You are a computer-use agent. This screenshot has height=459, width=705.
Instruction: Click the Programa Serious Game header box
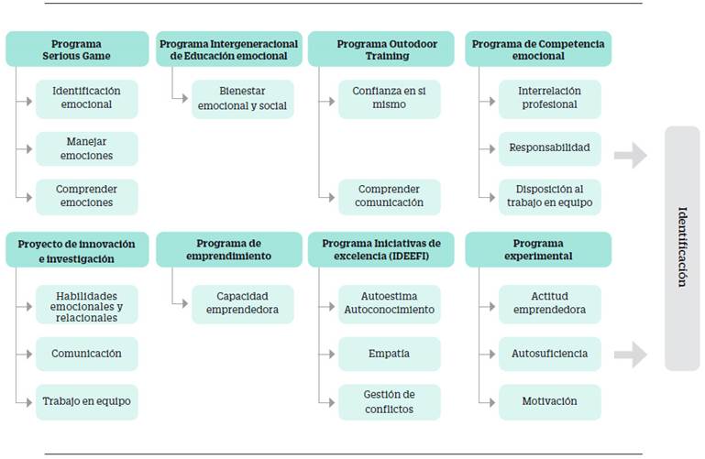[77, 49]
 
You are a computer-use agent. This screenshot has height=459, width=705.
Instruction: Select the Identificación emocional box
[88, 98]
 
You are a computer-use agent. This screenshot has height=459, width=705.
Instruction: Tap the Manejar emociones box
[88, 148]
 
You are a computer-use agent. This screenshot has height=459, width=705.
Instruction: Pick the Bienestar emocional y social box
[243, 98]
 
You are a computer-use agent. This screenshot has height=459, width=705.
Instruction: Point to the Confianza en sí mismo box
[389, 98]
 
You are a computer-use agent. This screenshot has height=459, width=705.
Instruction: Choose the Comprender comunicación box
[389, 197]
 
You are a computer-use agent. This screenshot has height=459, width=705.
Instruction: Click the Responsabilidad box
[550, 148]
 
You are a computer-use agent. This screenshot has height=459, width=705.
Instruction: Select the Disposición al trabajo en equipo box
[550, 197]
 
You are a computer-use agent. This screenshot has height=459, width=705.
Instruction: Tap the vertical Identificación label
[682, 248]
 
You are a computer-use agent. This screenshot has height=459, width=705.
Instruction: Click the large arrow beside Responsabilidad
[630, 156]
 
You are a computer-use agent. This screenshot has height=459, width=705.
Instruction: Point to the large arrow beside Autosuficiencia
[630, 355]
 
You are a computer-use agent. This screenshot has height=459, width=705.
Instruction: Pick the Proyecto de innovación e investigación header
[77, 250]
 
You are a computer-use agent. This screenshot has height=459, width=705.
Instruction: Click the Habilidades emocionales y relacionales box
[88, 304]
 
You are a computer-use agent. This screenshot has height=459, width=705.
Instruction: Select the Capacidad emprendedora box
[243, 304]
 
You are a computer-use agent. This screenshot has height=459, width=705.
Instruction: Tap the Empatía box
[389, 354]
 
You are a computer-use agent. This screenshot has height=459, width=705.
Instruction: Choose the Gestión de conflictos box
[389, 401]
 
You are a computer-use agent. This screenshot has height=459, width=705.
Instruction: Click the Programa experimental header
[538, 250]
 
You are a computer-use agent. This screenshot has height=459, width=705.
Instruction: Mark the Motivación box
[550, 401]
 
